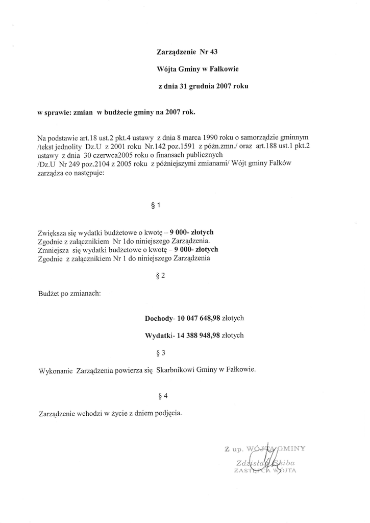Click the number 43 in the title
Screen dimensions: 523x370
point(213,52)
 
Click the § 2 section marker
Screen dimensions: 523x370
point(160,276)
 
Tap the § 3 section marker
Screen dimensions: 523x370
point(160,352)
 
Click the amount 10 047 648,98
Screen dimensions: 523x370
point(198,318)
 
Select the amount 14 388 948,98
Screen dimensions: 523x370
point(198,336)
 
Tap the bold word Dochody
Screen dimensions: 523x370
point(159,318)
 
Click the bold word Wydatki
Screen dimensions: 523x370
point(159,336)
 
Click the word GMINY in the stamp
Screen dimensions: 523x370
point(290,449)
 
